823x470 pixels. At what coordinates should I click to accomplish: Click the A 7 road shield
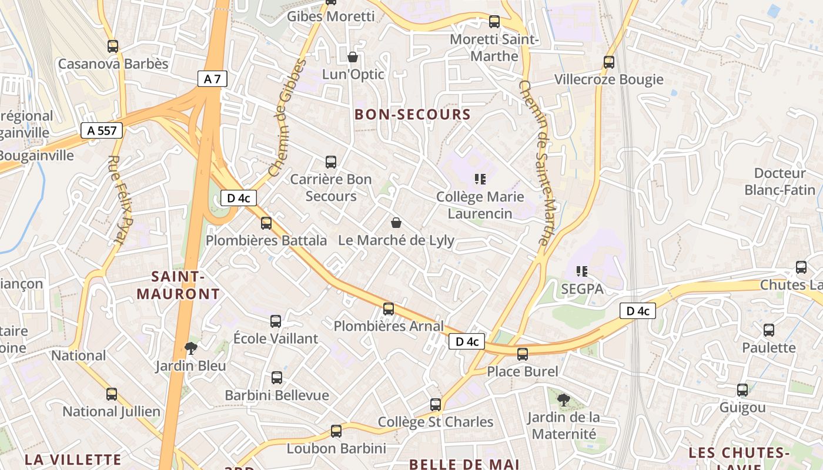click(x=212, y=79)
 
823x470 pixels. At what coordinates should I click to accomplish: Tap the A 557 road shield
click(x=101, y=130)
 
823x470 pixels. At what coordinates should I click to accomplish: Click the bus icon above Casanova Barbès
click(x=113, y=46)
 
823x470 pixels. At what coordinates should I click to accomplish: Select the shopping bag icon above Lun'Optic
click(x=353, y=57)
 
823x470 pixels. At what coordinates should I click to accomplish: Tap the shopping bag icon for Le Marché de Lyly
click(x=396, y=223)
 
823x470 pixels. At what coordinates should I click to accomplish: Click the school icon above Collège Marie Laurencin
click(x=480, y=179)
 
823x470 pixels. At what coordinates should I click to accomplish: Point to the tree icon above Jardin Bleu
click(x=190, y=348)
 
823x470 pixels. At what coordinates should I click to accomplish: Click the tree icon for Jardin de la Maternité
click(x=563, y=400)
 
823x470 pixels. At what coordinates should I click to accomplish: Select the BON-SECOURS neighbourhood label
click(x=413, y=115)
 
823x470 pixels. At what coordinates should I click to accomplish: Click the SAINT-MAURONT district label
click(x=178, y=285)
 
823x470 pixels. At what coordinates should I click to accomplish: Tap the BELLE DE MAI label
click(x=464, y=464)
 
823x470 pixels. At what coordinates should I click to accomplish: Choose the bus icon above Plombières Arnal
click(x=389, y=308)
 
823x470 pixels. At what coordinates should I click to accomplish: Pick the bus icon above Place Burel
click(x=523, y=354)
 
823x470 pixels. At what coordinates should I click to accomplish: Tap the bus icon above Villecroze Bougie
click(x=609, y=62)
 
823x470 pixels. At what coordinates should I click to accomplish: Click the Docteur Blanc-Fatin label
click(x=779, y=182)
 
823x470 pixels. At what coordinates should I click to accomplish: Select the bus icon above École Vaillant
click(x=276, y=321)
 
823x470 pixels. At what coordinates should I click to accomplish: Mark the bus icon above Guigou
click(x=742, y=390)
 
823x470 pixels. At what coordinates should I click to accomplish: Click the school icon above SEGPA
click(x=582, y=271)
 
